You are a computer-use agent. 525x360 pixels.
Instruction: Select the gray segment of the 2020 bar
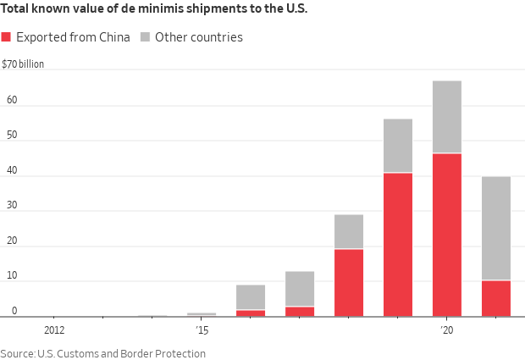[x=446, y=117]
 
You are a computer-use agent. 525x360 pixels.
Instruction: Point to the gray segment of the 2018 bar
[x=348, y=231]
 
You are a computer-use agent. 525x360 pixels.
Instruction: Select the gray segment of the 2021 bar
[x=495, y=228]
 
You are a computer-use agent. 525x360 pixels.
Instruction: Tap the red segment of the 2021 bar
[x=495, y=298]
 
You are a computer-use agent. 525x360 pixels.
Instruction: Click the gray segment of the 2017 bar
[x=299, y=289]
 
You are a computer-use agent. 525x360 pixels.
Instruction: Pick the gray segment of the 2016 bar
[x=250, y=297]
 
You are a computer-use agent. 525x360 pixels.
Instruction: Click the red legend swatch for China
[x=7, y=37]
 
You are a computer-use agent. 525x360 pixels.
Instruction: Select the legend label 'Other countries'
[x=198, y=37]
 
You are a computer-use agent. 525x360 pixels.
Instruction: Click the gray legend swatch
[x=145, y=37]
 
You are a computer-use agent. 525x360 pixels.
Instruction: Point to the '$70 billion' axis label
[x=23, y=64]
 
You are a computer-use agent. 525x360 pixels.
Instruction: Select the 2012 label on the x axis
[x=53, y=330]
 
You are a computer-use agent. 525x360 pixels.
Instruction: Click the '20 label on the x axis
[x=447, y=330]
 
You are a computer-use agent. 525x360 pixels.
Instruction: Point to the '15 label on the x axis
[x=202, y=330]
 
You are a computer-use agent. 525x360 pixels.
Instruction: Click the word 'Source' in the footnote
[x=17, y=353]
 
